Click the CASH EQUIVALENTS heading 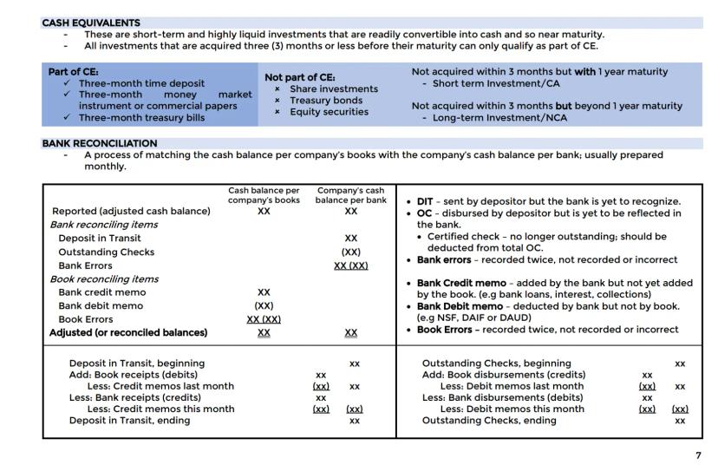click(91, 23)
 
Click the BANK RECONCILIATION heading click(100, 143)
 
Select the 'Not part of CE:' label click(299, 77)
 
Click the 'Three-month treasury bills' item click(141, 117)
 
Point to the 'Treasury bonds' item click(327, 100)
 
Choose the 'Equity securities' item click(329, 111)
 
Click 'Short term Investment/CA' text click(490, 83)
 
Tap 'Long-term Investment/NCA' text click(494, 118)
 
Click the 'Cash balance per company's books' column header click(264, 195)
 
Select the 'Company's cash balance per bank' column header click(350, 195)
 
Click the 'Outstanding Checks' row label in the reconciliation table click(106, 252)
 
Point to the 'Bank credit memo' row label click(102, 292)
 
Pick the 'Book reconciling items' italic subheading click(105, 278)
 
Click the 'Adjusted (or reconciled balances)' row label click(130, 332)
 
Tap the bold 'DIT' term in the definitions click(426, 201)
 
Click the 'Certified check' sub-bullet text click(464, 236)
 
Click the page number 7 click(698, 455)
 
